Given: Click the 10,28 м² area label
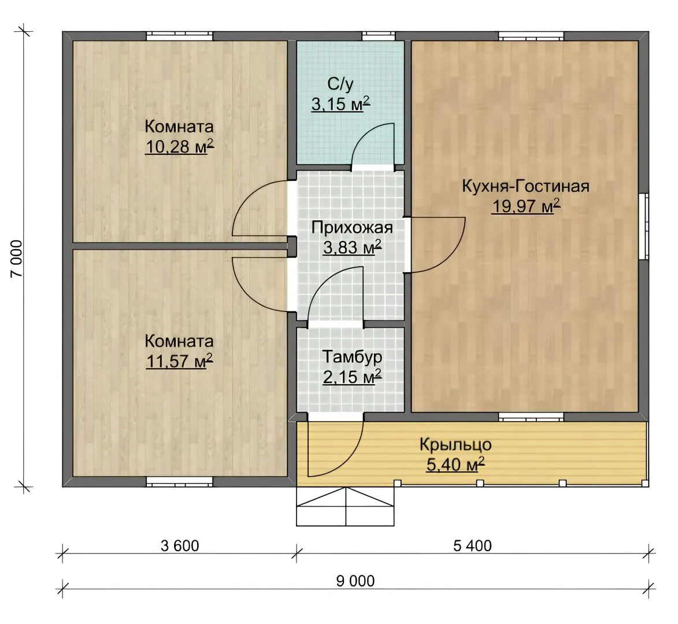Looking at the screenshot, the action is (x=179, y=147).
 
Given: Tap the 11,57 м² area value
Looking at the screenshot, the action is (x=179, y=361).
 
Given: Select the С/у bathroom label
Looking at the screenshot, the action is (x=340, y=85).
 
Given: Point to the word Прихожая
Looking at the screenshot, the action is (x=352, y=227).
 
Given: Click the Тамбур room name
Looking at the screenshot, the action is (x=352, y=358).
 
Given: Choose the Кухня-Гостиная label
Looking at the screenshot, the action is (x=526, y=186).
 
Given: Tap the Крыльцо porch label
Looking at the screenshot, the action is (x=455, y=445).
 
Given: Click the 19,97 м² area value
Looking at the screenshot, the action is (x=526, y=207).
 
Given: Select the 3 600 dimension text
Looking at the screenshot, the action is (x=180, y=546).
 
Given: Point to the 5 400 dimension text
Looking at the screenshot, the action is (x=472, y=546).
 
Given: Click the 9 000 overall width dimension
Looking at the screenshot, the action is (x=355, y=581).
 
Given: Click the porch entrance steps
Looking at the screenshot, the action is (x=345, y=507).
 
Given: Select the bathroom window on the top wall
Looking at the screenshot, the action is (x=379, y=36).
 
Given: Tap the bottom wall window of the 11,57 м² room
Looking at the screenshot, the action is (x=179, y=482).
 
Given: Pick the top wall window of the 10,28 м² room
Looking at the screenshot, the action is (x=179, y=36).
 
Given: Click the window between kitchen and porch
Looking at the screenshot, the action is (x=531, y=417).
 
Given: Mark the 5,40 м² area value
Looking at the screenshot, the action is (x=455, y=465).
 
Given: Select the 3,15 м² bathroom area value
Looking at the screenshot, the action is (x=340, y=104).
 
